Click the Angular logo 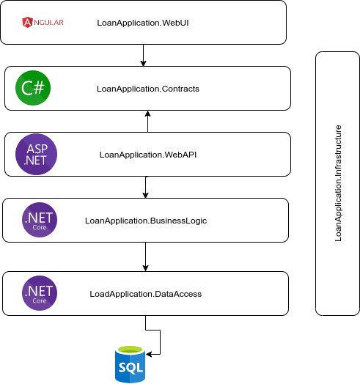tap(43, 22)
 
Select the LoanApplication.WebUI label tap(143, 23)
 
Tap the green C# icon tap(33, 88)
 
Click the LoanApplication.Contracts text tap(148, 89)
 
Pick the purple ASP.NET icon tap(36, 154)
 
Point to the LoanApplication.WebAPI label tap(148, 155)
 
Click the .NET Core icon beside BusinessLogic tap(40, 220)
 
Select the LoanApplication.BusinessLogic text tap(146, 221)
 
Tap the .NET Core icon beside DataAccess tap(40, 293)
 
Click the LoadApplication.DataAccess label tap(146, 294)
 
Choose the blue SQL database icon tap(130, 364)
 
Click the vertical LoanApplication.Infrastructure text tap(338, 183)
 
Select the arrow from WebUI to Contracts tap(144, 56)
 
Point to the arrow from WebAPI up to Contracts tap(148, 121)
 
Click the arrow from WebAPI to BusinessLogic tap(146, 187)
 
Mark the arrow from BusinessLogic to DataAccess tap(146, 256)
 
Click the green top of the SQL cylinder tap(130, 350)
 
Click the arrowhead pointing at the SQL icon tap(149, 354)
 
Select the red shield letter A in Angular tap(27, 22)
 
